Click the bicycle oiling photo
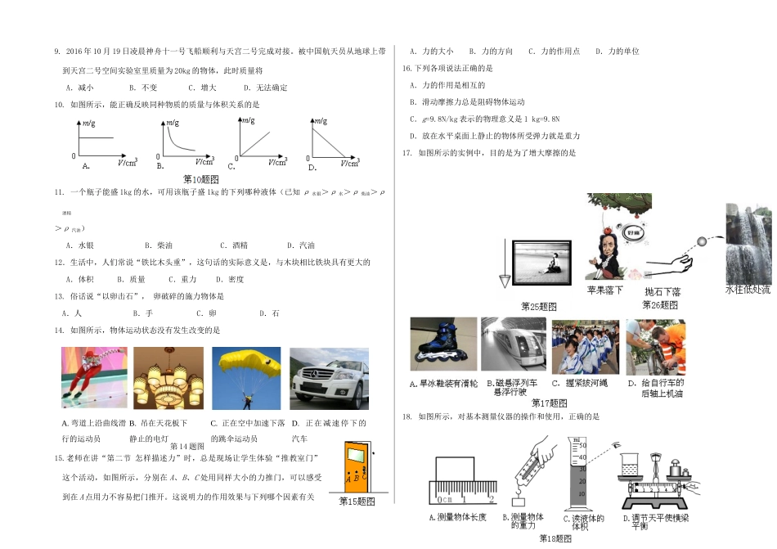point(655,347)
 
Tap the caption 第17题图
point(549,402)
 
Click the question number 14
point(59,330)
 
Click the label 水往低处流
point(748,289)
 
